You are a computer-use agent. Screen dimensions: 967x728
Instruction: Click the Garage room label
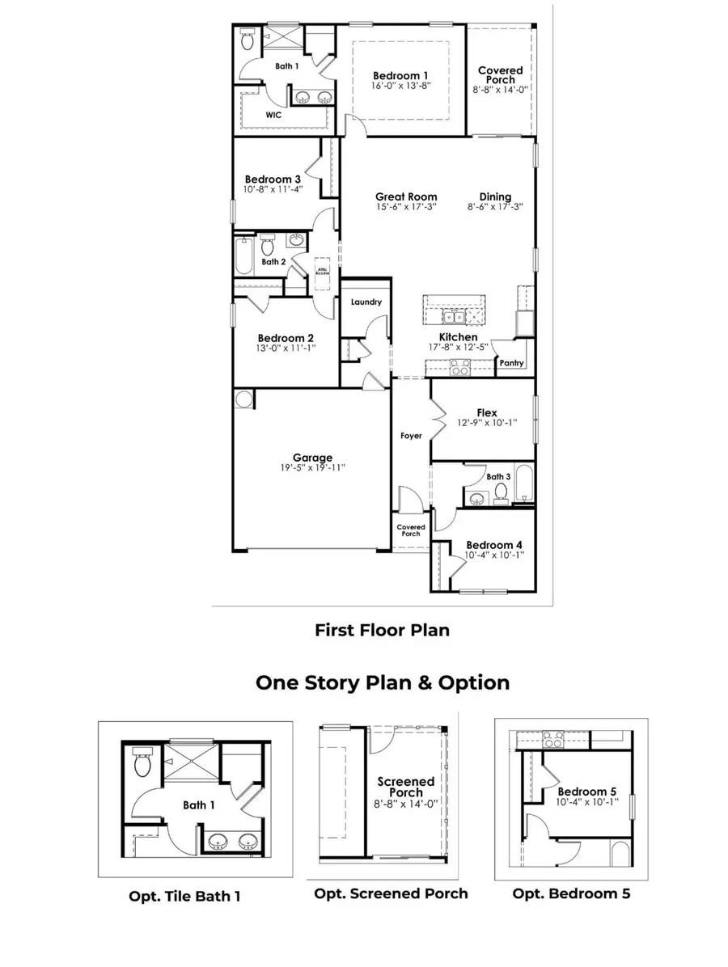[x=312, y=458]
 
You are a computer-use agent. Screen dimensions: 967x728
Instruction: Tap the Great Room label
[x=406, y=196]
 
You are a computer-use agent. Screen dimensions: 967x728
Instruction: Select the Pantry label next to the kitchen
[x=510, y=364]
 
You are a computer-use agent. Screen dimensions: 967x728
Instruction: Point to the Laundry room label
[x=366, y=302]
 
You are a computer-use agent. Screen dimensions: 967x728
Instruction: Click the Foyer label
[x=411, y=436]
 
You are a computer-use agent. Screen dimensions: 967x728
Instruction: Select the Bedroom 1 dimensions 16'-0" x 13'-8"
[x=402, y=85]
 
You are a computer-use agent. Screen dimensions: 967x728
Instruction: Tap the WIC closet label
[x=274, y=116]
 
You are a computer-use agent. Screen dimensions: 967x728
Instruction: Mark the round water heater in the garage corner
[x=243, y=399]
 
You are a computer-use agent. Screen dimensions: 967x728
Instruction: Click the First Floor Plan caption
[x=382, y=630]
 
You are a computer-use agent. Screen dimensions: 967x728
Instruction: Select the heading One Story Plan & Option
[x=383, y=682]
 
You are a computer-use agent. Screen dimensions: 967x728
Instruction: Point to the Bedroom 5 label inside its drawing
[x=582, y=791]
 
